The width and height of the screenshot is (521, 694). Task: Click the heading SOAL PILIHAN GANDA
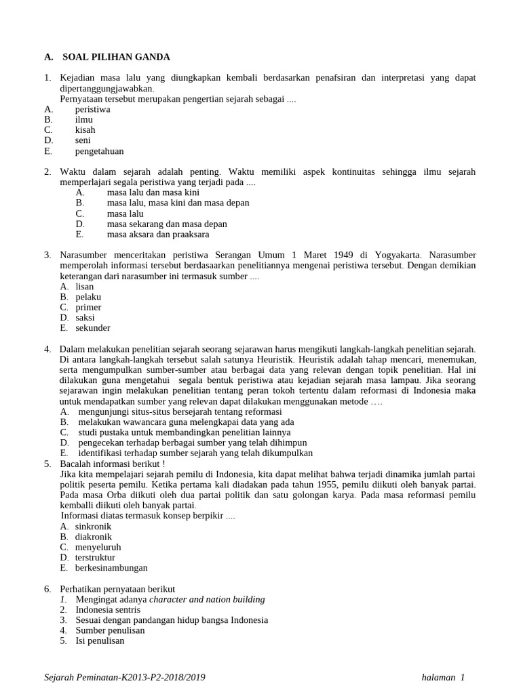click(x=116, y=57)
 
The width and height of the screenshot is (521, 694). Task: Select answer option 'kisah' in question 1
click(x=85, y=130)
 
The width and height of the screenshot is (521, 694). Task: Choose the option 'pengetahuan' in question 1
click(x=99, y=151)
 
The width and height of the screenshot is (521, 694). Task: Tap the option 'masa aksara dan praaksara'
click(x=158, y=234)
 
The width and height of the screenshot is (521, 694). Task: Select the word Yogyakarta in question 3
click(x=397, y=255)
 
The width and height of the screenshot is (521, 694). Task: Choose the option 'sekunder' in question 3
click(x=92, y=328)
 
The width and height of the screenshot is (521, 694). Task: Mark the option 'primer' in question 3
click(x=88, y=307)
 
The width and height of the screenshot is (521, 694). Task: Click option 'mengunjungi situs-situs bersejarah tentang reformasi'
click(x=180, y=412)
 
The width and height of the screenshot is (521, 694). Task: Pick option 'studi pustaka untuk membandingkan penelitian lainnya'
click(x=184, y=432)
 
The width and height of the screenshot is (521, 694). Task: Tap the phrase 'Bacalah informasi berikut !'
click(x=112, y=464)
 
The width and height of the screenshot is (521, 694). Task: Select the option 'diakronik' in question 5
click(x=93, y=537)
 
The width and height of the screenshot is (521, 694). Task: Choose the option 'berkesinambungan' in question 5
click(x=111, y=568)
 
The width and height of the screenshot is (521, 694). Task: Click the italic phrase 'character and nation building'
click(x=207, y=599)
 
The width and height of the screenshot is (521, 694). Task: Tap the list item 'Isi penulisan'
click(x=100, y=640)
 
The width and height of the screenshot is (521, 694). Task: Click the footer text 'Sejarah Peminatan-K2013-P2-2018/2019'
click(x=124, y=677)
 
